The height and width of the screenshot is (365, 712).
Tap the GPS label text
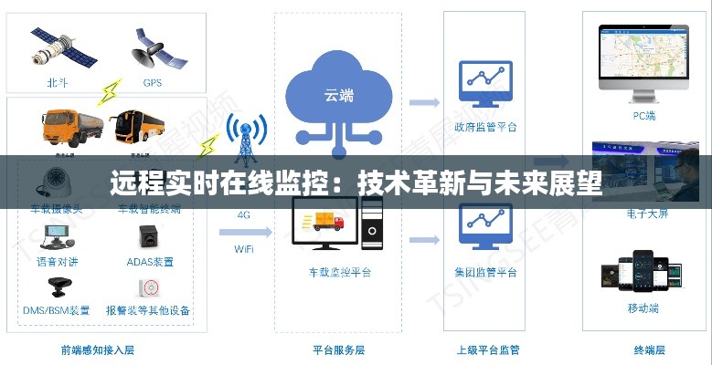(x=152, y=83)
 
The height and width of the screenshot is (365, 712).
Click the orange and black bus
(x=142, y=127)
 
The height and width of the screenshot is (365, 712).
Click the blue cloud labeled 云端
(x=338, y=94)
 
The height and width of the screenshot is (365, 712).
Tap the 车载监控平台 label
(x=340, y=272)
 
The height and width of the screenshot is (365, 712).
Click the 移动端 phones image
(x=643, y=274)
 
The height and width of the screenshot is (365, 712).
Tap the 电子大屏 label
(x=646, y=214)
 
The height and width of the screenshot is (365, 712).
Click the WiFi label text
(x=244, y=248)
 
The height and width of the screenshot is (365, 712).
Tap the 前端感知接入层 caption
(x=98, y=349)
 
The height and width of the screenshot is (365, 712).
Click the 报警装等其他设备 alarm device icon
(x=148, y=287)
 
